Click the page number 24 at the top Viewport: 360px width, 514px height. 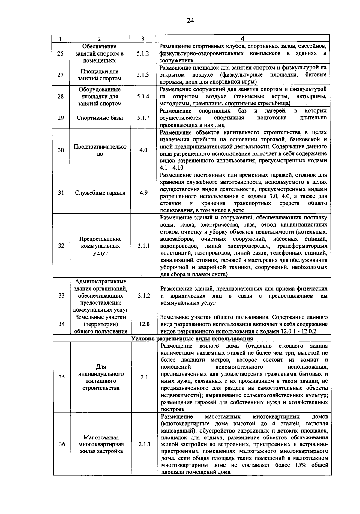(x=190, y=21)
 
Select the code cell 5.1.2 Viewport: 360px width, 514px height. (x=143, y=53)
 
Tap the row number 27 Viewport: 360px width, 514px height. (x=61, y=75)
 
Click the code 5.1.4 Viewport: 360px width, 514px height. (x=143, y=96)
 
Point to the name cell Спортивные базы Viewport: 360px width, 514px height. (x=100, y=118)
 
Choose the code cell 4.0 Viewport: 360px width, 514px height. (x=143, y=150)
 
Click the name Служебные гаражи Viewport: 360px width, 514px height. (x=100, y=193)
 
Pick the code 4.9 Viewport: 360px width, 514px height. (x=144, y=193)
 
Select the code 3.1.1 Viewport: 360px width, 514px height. (x=144, y=246)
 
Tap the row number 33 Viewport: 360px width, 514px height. (x=61, y=296)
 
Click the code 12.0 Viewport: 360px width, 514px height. (x=144, y=324)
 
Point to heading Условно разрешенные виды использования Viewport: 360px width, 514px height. (x=192, y=339)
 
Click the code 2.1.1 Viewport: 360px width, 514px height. (x=144, y=444)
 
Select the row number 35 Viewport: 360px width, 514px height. (x=62, y=377)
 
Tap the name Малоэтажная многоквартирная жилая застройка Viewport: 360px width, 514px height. (x=101, y=444)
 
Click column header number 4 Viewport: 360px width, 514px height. (x=242, y=38)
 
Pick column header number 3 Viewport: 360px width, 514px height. (x=142, y=38)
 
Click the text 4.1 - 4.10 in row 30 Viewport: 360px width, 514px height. (x=172, y=168)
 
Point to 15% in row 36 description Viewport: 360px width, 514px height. (x=299, y=465)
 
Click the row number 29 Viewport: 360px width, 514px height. (x=61, y=118)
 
